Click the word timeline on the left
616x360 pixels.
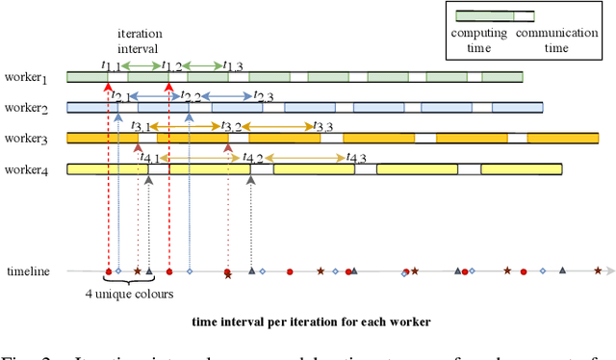(28, 271)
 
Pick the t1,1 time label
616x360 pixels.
(111, 65)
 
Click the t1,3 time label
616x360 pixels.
(232, 65)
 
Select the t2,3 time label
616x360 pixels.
(263, 97)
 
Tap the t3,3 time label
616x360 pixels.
(323, 126)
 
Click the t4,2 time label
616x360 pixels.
(252, 158)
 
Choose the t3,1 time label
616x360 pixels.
(141, 126)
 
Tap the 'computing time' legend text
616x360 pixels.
(478, 39)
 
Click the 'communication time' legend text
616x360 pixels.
(557, 39)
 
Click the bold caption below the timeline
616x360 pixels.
(311, 321)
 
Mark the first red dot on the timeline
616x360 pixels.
(108, 271)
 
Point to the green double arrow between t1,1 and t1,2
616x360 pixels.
(141, 65)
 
